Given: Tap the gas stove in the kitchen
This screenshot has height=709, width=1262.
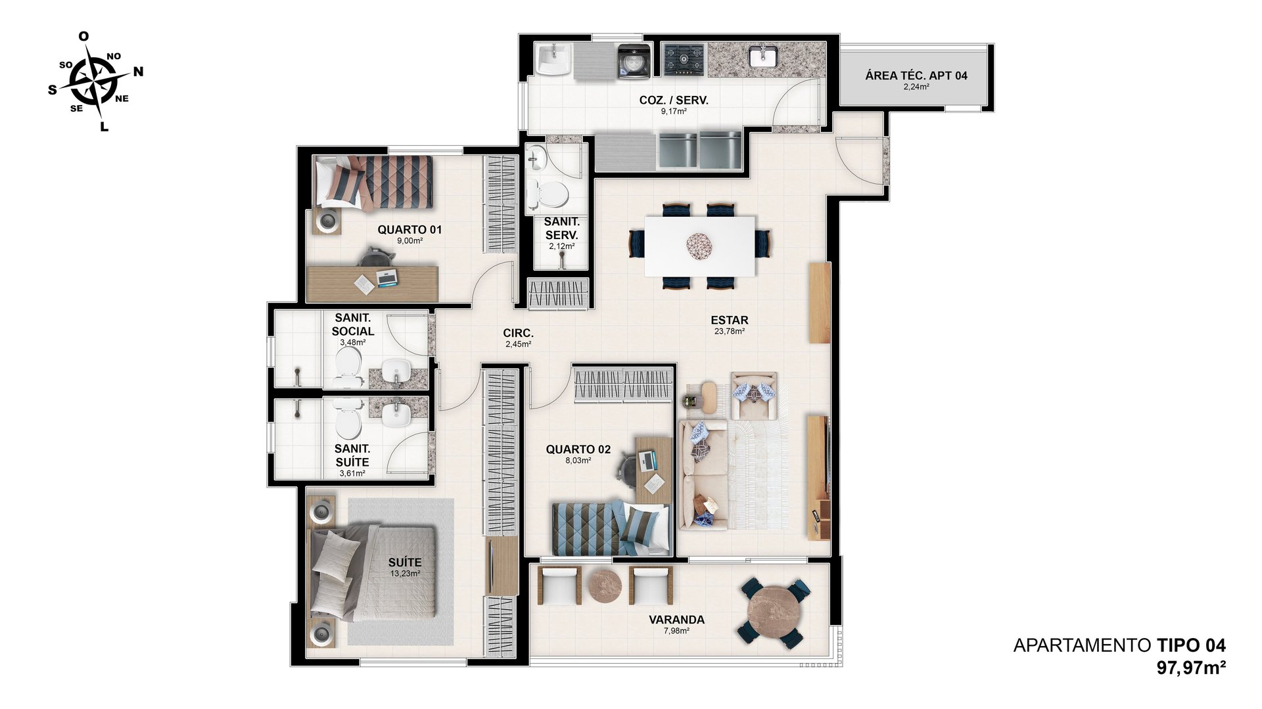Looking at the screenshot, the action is pyautogui.click(x=683, y=60).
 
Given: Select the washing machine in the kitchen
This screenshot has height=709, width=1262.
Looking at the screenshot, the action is pyautogui.click(x=634, y=62).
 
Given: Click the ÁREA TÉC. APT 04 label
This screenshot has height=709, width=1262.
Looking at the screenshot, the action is pyautogui.click(x=916, y=76).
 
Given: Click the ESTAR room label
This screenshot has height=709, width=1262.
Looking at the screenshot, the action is pyautogui.click(x=729, y=321).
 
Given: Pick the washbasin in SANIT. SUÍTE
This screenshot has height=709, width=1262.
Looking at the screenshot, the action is pyautogui.click(x=396, y=414).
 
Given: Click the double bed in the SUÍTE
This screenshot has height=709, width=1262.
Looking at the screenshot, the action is pyautogui.click(x=373, y=571).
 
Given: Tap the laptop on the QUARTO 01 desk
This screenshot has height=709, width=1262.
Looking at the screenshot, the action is pyautogui.click(x=386, y=278).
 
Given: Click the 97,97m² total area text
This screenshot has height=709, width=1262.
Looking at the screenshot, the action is pyautogui.click(x=1191, y=668).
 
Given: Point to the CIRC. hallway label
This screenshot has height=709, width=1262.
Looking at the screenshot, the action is pyautogui.click(x=519, y=333).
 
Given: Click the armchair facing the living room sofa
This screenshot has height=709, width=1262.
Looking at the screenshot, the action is pyautogui.click(x=754, y=396).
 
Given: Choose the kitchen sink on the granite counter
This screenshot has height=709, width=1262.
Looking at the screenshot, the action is pyautogui.click(x=763, y=57).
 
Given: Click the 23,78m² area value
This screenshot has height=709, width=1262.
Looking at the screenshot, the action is pyautogui.click(x=729, y=332).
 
